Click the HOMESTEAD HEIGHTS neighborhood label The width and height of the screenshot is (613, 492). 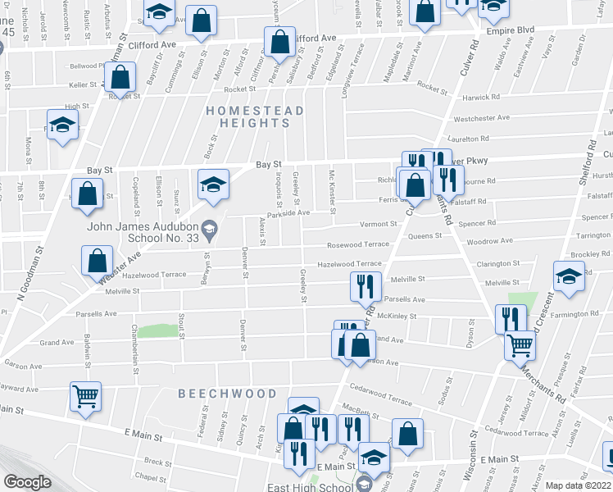coord(256,116)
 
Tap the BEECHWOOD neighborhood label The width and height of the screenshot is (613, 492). coord(228,394)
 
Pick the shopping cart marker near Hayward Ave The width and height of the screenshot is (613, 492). coord(85,397)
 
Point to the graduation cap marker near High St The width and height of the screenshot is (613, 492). coord(61,125)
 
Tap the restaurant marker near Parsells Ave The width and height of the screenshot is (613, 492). coord(365,285)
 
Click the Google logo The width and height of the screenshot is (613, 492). coord(27,482)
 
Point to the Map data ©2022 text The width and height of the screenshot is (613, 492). coord(579,485)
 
